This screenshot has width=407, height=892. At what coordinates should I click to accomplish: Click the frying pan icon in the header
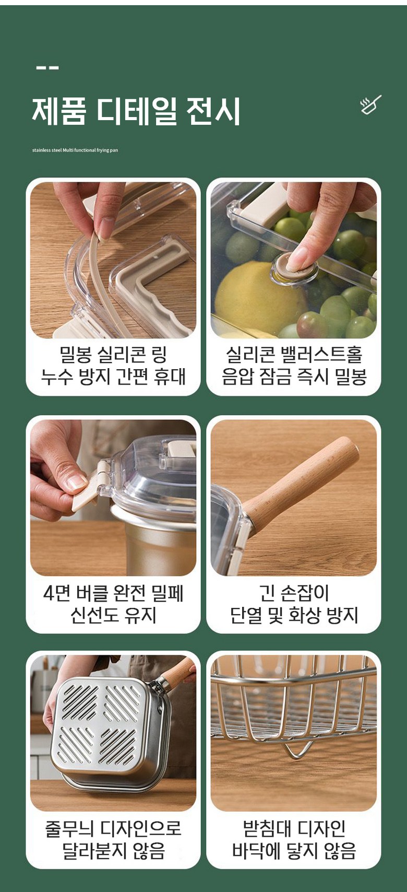click(370, 105)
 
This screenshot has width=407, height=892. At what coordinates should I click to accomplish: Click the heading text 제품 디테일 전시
click(136, 111)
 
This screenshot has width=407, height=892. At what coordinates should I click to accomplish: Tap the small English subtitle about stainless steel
click(75, 150)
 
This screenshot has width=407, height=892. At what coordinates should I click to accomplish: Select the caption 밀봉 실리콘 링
click(113, 354)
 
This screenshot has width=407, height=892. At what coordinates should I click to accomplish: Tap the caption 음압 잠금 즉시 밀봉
click(294, 377)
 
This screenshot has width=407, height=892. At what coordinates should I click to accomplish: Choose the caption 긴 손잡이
click(294, 593)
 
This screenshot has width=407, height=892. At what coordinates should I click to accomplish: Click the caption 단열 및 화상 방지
click(294, 615)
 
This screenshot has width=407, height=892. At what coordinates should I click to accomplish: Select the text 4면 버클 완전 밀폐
click(113, 593)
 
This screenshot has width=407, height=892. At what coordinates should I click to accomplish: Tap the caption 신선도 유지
click(113, 615)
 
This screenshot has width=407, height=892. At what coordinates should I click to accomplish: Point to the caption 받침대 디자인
click(294, 829)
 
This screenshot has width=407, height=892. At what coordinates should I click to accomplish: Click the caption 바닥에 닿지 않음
click(294, 851)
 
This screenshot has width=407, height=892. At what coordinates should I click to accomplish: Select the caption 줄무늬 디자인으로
click(113, 829)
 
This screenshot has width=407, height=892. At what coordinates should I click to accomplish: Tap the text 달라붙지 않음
click(113, 851)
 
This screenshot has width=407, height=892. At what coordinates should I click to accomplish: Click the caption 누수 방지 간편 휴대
click(113, 377)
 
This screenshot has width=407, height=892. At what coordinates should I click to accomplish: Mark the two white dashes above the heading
click(47, 68)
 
